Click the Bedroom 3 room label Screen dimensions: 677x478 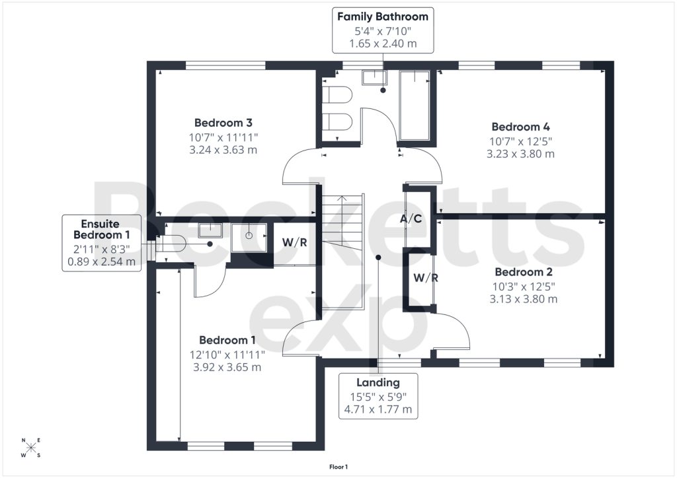pos(223,123)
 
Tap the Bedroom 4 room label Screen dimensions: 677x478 pos(521,127)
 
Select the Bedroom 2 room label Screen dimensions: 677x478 pos(524,272)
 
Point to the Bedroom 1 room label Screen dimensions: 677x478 pos(227,340)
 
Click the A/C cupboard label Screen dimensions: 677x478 pos(411,219)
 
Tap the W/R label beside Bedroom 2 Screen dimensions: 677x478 pos(426,278)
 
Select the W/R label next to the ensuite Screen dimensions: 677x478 pos(295,242)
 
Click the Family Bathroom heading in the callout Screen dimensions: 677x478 pos(383,17)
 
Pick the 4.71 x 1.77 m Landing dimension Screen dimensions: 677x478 pos(378,409)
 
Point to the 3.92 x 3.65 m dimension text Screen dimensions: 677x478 pos(227,367)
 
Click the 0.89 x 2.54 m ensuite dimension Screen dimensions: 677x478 pos(101,261)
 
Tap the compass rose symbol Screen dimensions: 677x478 pos(30,448)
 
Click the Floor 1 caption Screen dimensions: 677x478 pos(338,467)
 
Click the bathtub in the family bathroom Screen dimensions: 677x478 pos(415,105)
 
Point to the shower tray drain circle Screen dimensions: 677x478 pos(249,236)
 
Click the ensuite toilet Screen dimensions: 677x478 pos(170,244)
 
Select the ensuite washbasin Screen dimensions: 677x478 pos(210,230)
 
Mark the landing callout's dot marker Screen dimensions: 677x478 pos(378,257)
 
